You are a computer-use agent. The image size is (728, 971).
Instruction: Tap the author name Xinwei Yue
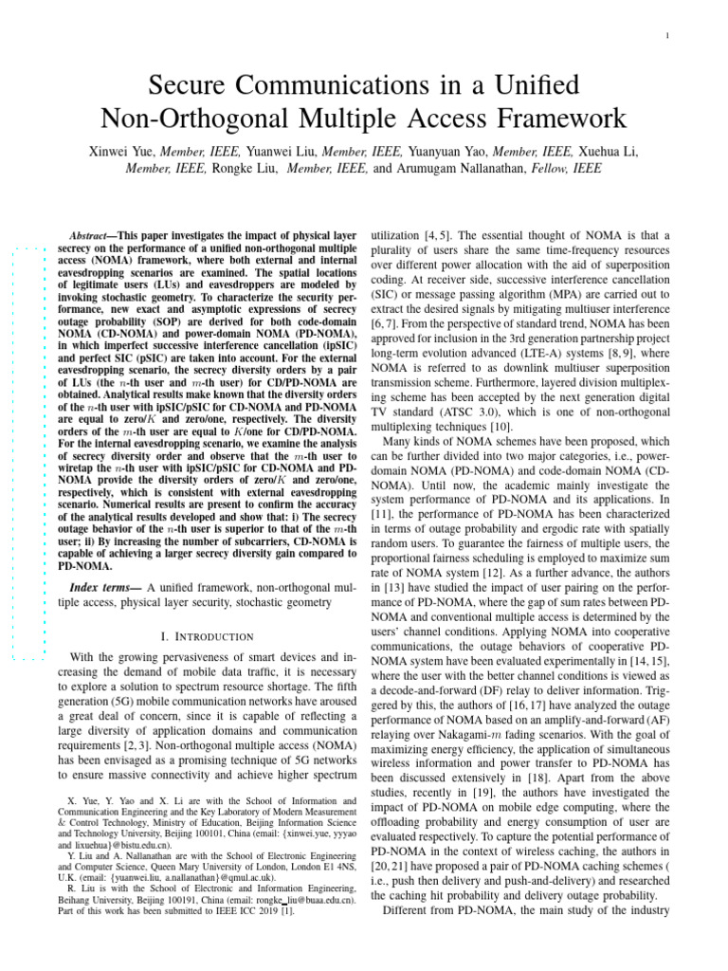point(122,150)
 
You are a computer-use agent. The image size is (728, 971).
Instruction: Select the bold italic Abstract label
point(92,234)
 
